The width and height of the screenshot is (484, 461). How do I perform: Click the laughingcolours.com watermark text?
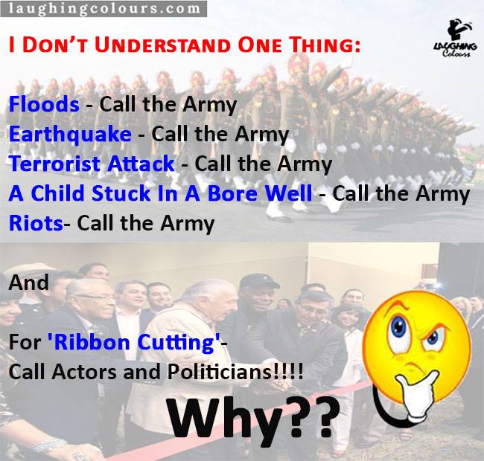(x=104, y=8)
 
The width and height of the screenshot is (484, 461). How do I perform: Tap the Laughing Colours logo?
(x=455, y=38)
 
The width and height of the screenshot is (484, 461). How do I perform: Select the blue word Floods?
(x=44, y=104)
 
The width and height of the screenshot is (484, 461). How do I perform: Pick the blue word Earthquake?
(x=71, y=135)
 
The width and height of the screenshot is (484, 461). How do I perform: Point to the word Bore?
(x=233, y=193)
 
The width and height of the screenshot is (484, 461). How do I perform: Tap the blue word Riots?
(x=36, y=223)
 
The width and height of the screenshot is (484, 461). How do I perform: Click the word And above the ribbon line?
(x=29, y=283)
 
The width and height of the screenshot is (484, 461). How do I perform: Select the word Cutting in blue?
(x=176, y=343)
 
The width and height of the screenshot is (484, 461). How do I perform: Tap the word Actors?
(x=84, y=372)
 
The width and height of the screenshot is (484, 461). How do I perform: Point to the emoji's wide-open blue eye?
(x=398, y=328)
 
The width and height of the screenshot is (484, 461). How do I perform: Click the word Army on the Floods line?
(x=210, y=105)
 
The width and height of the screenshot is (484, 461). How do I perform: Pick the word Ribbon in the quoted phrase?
(x=92, y=342)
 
